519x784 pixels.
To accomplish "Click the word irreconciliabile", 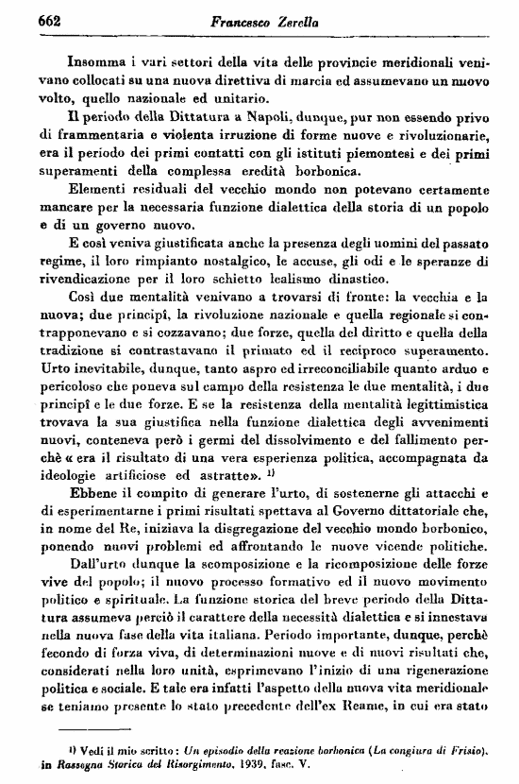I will coord(326,383).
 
